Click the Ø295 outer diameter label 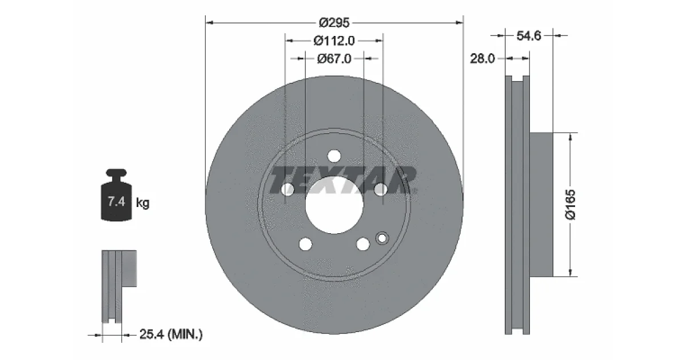pos(334,23)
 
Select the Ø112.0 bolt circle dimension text pos(334,41)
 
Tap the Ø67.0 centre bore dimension pos(334,58)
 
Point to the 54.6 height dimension pos(529,36)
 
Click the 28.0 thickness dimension pos(482,58)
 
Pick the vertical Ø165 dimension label pos(571,205)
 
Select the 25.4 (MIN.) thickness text pos(171,334)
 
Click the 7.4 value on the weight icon pos(117,201)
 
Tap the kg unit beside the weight pos(142,202)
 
